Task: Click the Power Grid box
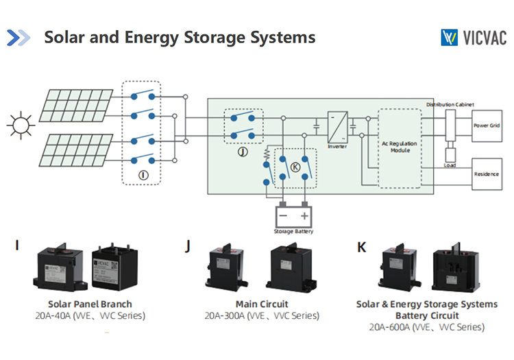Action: (487, 126)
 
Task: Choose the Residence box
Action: (487, 174)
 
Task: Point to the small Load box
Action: (450, 155)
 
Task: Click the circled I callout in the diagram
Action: (143, 175)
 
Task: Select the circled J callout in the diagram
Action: (241, 152)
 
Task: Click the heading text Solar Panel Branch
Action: (90, 304)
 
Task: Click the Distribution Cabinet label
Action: (450, 104)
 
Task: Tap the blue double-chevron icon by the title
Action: (19, 37)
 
